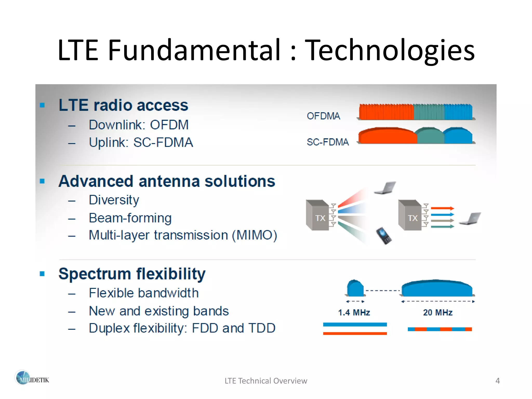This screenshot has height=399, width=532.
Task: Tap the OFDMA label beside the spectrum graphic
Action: [x=323, y=116]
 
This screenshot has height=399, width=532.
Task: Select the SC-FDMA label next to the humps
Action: [x=328, y=142]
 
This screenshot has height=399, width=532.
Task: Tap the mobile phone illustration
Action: [x=384, y=236]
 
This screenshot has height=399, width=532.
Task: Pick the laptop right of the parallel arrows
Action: [x=470, y=219]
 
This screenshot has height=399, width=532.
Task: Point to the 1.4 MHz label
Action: [x=354, y=312]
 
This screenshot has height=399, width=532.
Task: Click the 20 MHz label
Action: [x=438, y=312]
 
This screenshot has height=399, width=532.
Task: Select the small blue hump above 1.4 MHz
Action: [x=355, y=289]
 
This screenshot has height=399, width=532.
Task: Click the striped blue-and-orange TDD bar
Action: [x=440, y=329]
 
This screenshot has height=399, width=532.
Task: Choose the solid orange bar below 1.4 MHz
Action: [x=355, y=334]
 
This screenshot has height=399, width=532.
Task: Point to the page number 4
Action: [x=497, y=381]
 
